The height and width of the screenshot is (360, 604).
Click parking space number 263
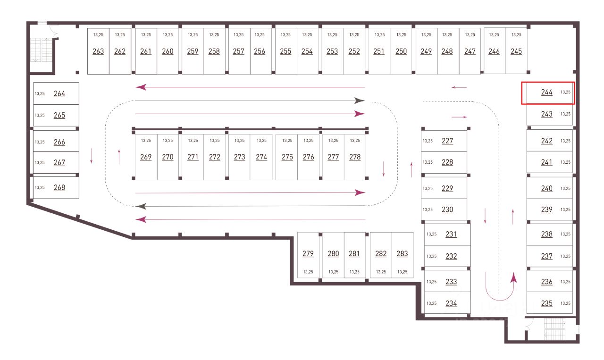pyautogui.click(x=98, y=51)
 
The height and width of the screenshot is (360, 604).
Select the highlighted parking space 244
pyautogui.click(x=546, y=92)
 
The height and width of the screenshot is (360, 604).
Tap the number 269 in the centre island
pyautogui.click(x=146, y=157)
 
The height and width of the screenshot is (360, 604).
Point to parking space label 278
pyautogui.click(x=355, y=157)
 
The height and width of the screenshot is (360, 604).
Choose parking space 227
pyautogui.click(x=447, y=141)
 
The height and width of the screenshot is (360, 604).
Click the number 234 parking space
pyautogui.click(x=451, y=303)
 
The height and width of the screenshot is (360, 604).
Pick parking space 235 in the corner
pyautogui.click(x=546, y=303)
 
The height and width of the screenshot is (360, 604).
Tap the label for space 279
pyautogui.click(x=308, y=253)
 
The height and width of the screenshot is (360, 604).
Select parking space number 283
pyautogui.click(x=402, y=253)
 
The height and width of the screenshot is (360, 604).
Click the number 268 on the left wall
pyautogui.click(x=59, y=187)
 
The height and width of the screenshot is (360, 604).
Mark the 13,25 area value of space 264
pyautogui.click(x=40, y=93)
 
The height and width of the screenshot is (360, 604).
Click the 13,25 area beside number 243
pyautogui.click(x=565, y=114)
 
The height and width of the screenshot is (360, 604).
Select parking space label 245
pyautogui.click(x=516, y=51)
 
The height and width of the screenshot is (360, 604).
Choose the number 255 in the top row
pyautogui.click(x=285, y=51)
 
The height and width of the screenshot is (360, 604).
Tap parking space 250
pyautogui.click(x=401, y=51)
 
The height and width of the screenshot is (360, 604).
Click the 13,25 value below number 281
pyautogui.click(x=354, y=272)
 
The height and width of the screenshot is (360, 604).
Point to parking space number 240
pyautogui.click(x=546, y=188)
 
